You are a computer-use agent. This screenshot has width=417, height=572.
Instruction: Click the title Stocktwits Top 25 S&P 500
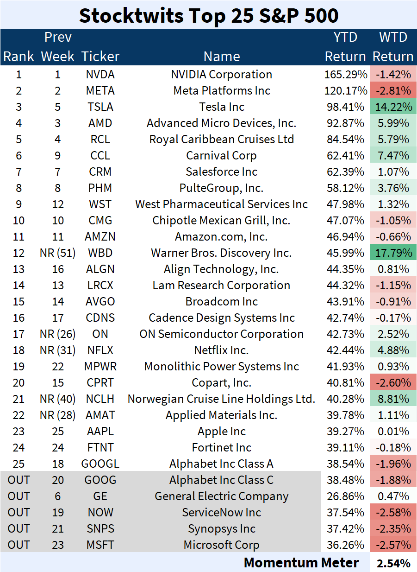[x=208, y=15]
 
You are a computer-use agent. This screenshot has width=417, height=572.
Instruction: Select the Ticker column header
[x=100, y=57]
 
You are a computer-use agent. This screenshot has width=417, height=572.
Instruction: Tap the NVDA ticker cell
[x=100, y=75]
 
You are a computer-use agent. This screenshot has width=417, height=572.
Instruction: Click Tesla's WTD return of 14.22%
[x=392, y=107]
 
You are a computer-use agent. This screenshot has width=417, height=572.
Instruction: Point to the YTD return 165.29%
[x=345, y=75]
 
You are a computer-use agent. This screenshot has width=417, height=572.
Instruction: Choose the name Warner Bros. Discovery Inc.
[x=221, y=253]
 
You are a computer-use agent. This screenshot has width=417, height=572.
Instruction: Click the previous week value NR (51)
[x=58, y=253]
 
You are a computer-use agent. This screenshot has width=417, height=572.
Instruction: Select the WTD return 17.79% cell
[x=392, y=253]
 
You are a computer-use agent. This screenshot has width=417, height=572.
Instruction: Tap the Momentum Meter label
[x=301, y=563]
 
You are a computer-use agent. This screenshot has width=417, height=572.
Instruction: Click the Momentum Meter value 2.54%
[x=393, y=563]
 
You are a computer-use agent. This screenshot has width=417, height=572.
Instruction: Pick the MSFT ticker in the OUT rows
[x=100, y=545]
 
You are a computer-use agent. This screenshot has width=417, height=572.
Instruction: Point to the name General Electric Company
[x=221, y=496]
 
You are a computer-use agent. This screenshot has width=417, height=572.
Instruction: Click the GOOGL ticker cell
[x=100, y=464]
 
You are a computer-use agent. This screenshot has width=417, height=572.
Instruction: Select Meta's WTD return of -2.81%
[x=392, y=91]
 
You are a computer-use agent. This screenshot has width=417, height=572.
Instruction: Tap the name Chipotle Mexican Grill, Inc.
[x=221, y=221]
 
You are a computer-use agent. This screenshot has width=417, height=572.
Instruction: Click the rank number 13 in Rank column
[x=19, y=269]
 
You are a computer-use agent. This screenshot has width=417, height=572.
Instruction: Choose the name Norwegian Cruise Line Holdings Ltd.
[x=221, y=399]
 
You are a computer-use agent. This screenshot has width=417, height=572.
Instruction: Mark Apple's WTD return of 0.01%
[x=392, y=432]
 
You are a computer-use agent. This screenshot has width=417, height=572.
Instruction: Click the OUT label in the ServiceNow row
[x=19, y=513]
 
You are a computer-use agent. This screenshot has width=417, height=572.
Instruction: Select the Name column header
[x=221, y=57]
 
